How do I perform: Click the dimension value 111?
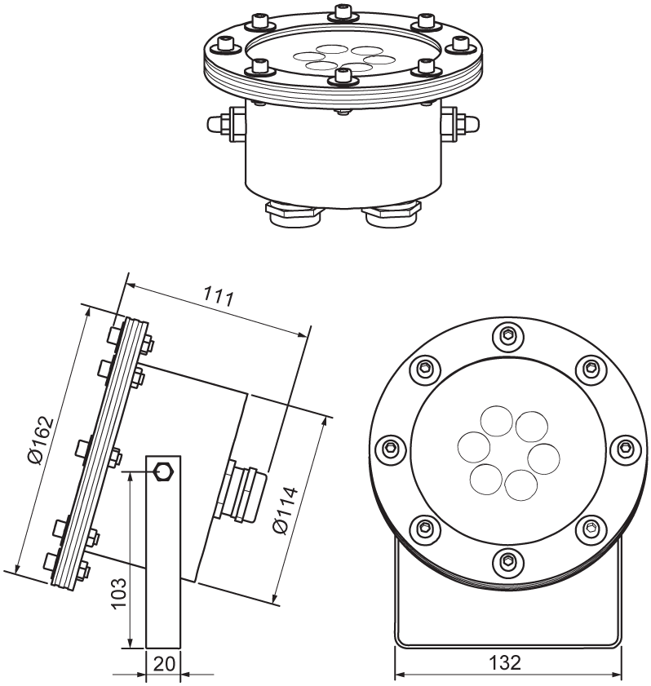219,298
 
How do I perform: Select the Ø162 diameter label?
41,440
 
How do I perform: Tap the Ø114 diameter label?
286,510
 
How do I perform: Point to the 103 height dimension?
118,594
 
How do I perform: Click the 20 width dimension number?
165,664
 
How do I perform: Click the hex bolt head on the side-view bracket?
163,471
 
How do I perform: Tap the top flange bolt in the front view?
507,335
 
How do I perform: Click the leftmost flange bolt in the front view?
391,448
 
